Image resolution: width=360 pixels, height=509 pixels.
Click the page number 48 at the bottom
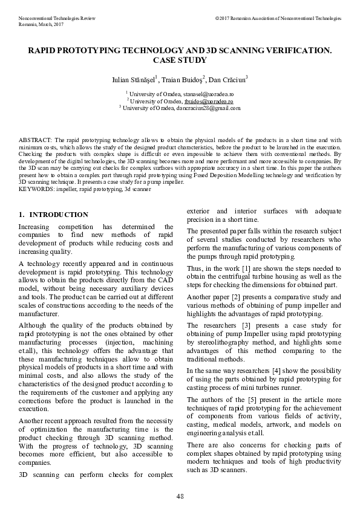[180, 496]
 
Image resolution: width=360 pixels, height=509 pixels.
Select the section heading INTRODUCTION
[59, 215]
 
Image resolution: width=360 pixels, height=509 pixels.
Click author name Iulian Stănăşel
[134, 80]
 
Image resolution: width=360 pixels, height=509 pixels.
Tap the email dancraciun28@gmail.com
[210, 108]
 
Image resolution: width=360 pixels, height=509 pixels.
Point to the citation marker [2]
[237, 297]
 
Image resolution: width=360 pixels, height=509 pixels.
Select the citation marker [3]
[242, 326]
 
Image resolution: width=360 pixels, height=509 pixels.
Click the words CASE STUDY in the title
[180, 60]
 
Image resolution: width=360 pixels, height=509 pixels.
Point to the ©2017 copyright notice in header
[278, 19]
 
